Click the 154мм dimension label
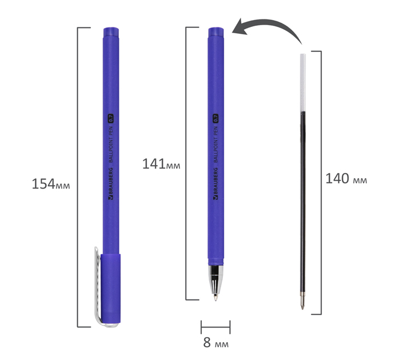[x=50, y=184]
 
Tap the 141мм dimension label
[x=161, y=164]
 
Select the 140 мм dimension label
[x=346, y=179]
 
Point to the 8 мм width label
[x=216, y=343]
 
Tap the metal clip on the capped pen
[x=98, y=286]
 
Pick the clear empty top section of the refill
[x=303, y=83]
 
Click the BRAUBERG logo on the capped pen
[x=110, y=183]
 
